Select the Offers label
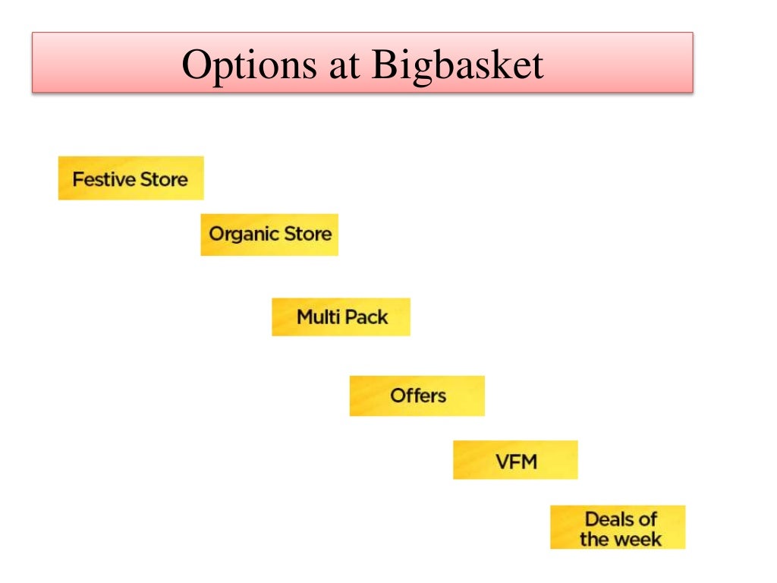point(417,395)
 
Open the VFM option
point(515,460)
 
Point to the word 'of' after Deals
point(647,519)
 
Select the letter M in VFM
point(528,460)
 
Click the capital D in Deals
point(592,519)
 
